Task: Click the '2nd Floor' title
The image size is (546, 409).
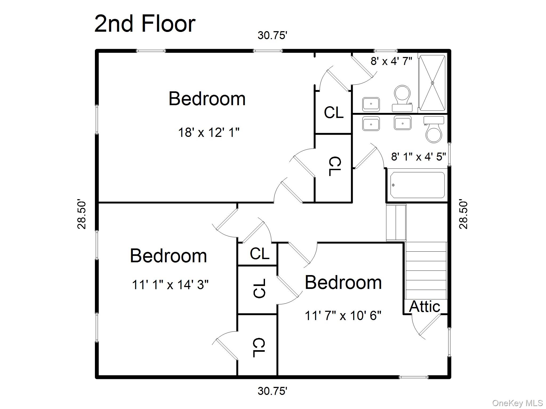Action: [145, 24]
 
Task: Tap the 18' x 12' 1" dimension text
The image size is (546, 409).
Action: [208, 132]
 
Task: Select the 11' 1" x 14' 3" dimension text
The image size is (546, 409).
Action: [170, 284]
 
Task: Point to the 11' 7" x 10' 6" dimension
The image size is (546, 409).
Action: [343, 316]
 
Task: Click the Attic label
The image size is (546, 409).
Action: [424, 306]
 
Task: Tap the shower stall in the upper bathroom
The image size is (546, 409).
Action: [432, 83]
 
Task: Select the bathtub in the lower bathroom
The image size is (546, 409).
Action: [417, 185]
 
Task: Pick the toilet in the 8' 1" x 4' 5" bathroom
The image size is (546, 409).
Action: [434, 130]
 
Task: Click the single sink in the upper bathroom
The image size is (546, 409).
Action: [371, 104]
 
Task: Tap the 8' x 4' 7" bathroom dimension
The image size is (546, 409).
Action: [391, 61]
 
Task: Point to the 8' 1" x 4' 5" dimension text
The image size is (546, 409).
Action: [418, 157]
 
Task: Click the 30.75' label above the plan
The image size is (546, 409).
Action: [272, 35]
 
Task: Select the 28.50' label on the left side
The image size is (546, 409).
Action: [82, 214]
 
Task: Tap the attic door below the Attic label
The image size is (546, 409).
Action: [429, 325]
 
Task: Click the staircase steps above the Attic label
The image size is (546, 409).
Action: [426, 270]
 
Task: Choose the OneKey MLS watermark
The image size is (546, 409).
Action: [517, 403]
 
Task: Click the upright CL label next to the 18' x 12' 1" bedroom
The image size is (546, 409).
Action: [333, 112]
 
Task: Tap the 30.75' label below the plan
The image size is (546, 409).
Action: [272, 391]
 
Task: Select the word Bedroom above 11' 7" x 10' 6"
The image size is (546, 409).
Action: [343, 283]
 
